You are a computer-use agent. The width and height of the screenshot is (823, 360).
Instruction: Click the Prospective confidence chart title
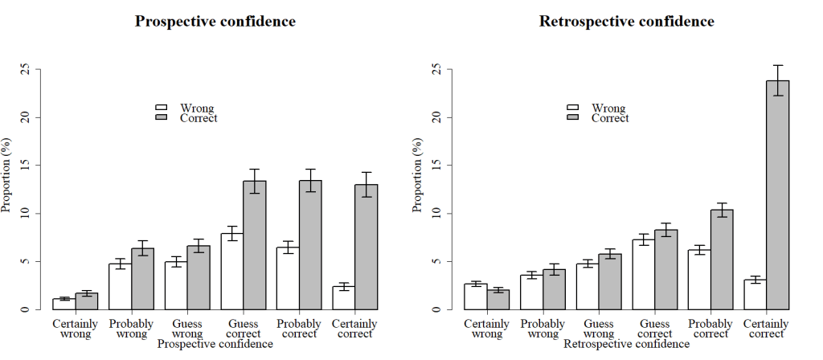pyautogui.click(x=215, y=22)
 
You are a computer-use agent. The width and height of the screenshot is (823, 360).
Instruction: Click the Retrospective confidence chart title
pyautogui.click(x=626, y=22)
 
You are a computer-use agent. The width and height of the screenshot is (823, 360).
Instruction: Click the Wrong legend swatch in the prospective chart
pyautogui.click(x=161, y=107)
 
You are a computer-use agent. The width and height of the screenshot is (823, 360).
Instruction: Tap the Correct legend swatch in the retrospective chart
pyautogui.click(x=573, y=117)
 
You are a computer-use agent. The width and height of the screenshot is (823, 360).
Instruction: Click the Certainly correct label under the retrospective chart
pyautogui.click(x=767, y=329)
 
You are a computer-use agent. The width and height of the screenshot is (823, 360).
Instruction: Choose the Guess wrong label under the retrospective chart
pyautogui.click(x=599, y=329)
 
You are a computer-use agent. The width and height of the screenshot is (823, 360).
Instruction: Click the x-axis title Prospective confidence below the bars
pyautogui.click(x=215, y=344)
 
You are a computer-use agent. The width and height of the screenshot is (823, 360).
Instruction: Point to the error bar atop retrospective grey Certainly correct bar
pyautogui.click(x=778, y=80)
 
